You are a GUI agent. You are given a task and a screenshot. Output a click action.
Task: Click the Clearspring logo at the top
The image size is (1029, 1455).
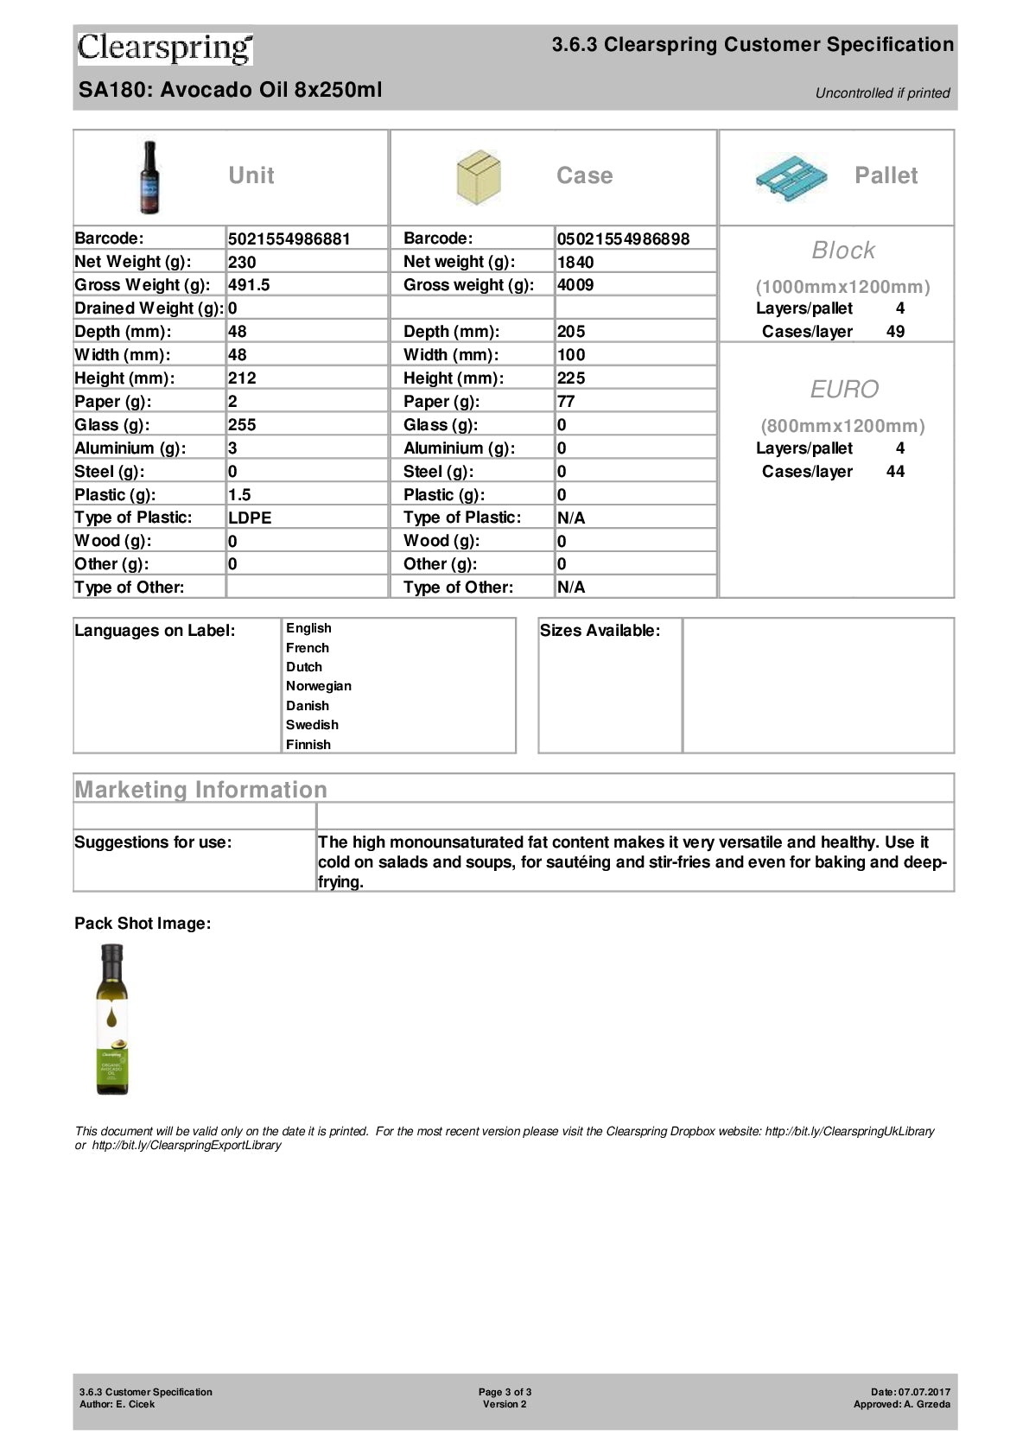[x=165, y=48]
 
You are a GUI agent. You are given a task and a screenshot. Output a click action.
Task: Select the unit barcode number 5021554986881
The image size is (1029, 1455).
[x=289, y=239]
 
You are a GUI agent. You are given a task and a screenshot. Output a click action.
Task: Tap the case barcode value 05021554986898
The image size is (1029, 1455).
[x=623, y=239]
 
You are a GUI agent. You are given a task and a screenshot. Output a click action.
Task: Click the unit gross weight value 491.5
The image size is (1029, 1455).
[x=249, y=285]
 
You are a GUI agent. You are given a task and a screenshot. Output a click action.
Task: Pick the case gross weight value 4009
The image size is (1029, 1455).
[x=575, y=285]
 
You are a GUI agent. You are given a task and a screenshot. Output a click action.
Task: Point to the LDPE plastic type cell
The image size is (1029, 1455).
[x=250, y=518]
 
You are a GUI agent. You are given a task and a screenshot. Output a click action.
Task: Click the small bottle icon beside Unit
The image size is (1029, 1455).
[x=150, y=177]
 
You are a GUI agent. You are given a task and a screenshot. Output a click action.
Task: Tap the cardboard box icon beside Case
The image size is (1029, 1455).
[x=478, y=177]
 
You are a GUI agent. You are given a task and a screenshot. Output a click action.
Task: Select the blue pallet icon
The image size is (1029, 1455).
[x=790, y=177]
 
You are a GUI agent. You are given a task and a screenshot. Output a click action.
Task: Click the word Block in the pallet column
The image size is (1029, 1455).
[x=843, y=251]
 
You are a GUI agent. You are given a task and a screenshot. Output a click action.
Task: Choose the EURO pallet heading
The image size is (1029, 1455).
[x=844, y=390]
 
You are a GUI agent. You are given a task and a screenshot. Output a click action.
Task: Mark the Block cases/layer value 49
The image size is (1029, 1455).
[x=896, y=332]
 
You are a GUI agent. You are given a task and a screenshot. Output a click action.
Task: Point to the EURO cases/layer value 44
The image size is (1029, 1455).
[x=896, y=472]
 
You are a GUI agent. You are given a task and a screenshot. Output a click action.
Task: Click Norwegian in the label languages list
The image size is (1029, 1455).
[x=319, y=686]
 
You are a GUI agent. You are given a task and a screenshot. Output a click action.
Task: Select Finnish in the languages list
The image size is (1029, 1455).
[x=308, y=745]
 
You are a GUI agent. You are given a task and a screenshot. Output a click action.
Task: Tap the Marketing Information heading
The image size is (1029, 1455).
[x=201, y=790]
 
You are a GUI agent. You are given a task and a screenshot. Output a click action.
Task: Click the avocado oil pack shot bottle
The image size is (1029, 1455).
[x=112, y=1020]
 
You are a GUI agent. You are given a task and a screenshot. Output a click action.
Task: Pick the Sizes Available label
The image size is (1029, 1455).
[x=600, y=631]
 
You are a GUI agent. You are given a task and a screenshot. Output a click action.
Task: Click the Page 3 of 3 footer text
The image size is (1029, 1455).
[x=505, y=1392]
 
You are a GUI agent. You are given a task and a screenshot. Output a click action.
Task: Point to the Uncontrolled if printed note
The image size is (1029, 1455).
[x=882, y=93]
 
